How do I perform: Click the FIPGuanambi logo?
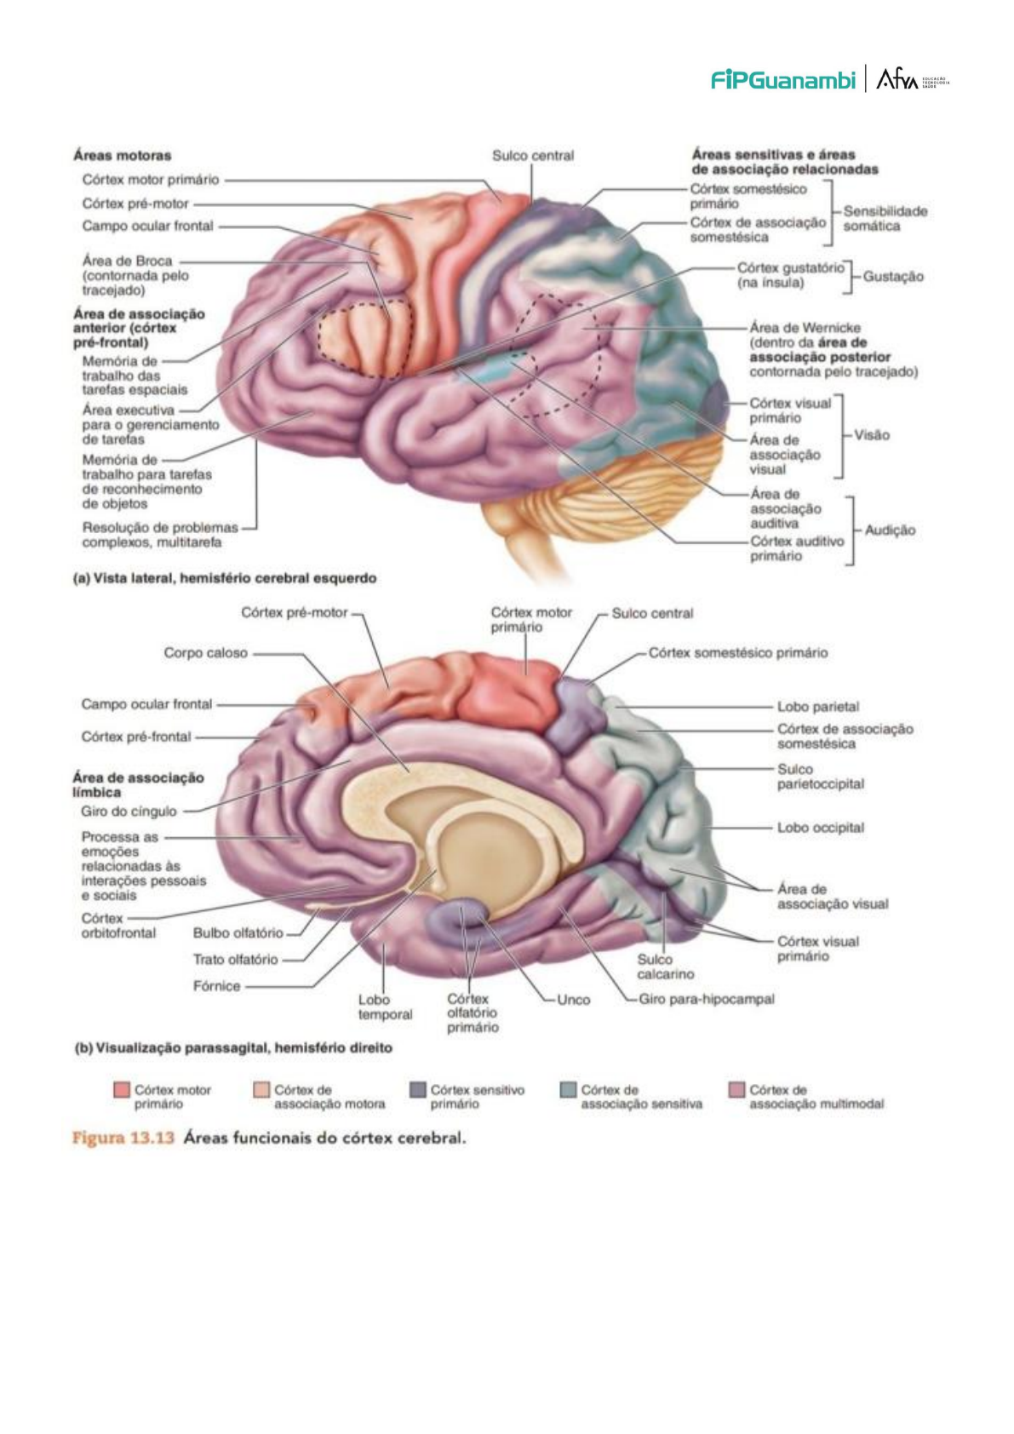[x=782, y=80]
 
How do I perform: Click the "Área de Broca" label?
[x=127, y=261]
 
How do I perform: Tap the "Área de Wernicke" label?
[x=805, y=328]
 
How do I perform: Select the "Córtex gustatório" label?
[x=790, y=268]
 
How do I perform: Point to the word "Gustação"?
[x=892, y=277]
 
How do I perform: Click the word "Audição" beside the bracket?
[x=890, y=531]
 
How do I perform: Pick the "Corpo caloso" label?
[x=205, y=653]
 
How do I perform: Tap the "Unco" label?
[x=573, y=1000]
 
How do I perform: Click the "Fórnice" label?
[x=216, y=986]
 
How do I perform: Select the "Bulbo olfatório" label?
[x=238, y=933]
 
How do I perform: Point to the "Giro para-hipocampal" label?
[x=706, y=999]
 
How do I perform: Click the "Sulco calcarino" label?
[x=665, y=967]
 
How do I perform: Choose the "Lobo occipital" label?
[x=820, y=828]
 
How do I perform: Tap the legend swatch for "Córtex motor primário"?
[x=122, y=1090]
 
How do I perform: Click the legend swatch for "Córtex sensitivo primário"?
[x=417, y=1090]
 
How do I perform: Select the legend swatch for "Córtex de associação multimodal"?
[x=737, y=1090]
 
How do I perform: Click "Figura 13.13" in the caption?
[x=123, y=1139]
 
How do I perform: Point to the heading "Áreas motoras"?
[x=122, y=156]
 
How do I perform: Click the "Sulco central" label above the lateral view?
[x=533, y=156]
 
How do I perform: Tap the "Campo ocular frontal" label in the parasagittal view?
[x=146, y=704]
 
